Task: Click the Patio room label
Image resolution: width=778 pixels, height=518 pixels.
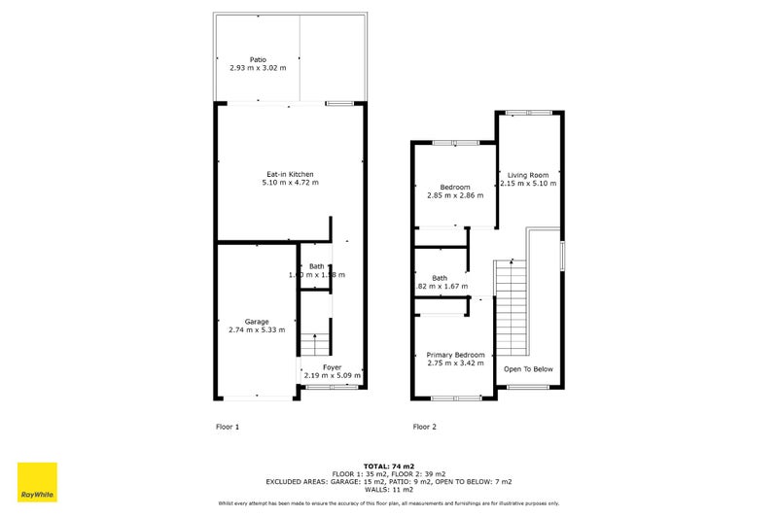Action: click(x=257, y=59)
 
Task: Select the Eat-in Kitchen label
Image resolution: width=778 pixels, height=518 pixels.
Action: click(x=290, y=173)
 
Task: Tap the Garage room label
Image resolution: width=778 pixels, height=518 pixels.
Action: click(x=257, y=321)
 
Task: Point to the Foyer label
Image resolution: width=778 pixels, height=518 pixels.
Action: click(x=332, y=366)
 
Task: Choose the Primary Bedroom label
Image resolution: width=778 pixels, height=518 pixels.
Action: click(x=455, y=355)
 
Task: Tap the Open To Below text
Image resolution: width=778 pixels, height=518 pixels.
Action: click(x=528, y=369)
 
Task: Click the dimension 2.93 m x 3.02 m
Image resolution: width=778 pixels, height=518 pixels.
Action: click(x=257, y=69)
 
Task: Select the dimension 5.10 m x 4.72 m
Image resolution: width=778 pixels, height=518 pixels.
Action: click(x=290, y=183)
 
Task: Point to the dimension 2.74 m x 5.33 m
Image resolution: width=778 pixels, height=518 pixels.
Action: click(x=257, y=330)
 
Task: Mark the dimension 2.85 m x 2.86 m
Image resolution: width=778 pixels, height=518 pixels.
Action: click(x=455, y=195)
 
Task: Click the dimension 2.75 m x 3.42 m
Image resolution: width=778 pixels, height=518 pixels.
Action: click(x=455, y=364)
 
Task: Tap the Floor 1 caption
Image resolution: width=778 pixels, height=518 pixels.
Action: click(x=227, y=427)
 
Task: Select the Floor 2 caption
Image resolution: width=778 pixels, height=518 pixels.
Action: click(x=424, y=427)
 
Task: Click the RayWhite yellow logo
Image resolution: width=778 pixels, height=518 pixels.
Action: click(x=37, y=482)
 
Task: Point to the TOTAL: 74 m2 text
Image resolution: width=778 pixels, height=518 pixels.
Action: click(x=388, y=467)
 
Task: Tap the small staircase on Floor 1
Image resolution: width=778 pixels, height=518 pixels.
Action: click(x=314, y=345)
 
